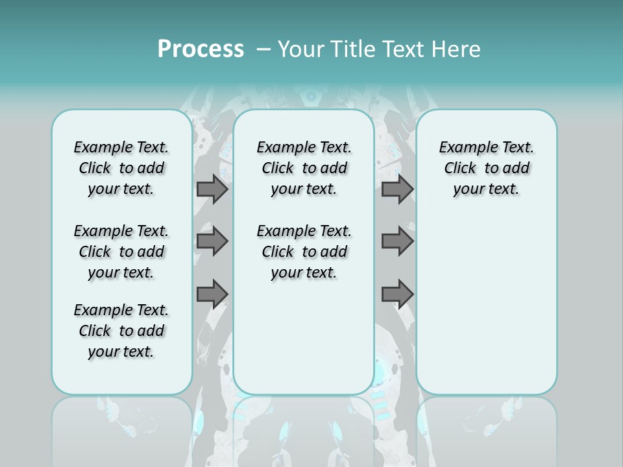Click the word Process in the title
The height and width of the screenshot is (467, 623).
pos(201,49)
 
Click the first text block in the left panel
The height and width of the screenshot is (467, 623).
pos(121,168)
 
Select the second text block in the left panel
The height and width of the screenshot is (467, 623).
pos(121,252)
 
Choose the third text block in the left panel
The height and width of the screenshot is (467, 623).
pos(121,331)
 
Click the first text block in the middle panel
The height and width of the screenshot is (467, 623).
pos(304,168)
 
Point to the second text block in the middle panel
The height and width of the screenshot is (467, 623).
pos(304,252)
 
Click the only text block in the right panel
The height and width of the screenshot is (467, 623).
pos(486,168)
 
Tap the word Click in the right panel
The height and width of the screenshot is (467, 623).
pos(460,169)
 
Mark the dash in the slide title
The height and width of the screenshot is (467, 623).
pos(263,49)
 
